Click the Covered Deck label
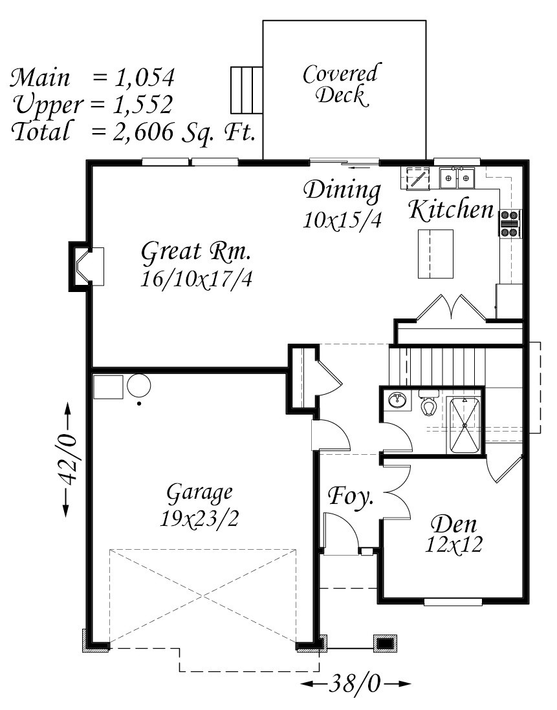(x=340, y=85)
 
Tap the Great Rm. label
(x=196, y=252)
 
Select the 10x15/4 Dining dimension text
(x=342, y=220)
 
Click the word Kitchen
(x=451, y=210)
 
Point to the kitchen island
(x=435, y=253)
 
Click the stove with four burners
(x=510, y=224)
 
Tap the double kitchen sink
(x=457, y=178)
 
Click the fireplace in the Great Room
(x=86, y=266)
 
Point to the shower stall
(x=464, y=425)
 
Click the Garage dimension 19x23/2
(x=200, y=519)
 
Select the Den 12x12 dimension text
(x=453, y=545)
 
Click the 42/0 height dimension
(x=67, y=459)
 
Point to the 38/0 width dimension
(x=356, y=684)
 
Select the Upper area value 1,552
(x=144, y=105)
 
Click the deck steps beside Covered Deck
(x=246, y=90)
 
